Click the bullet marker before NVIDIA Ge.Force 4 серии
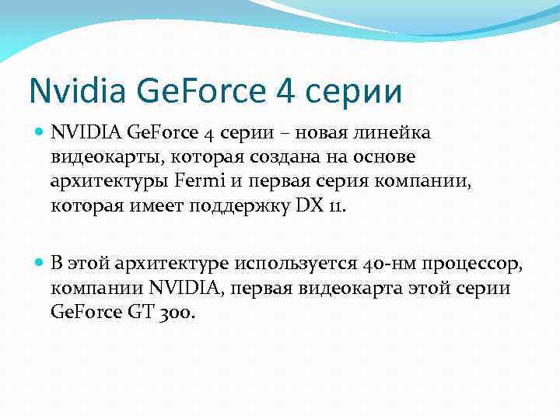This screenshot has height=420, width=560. point(40,132)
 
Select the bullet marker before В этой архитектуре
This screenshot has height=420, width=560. point(40,263)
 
